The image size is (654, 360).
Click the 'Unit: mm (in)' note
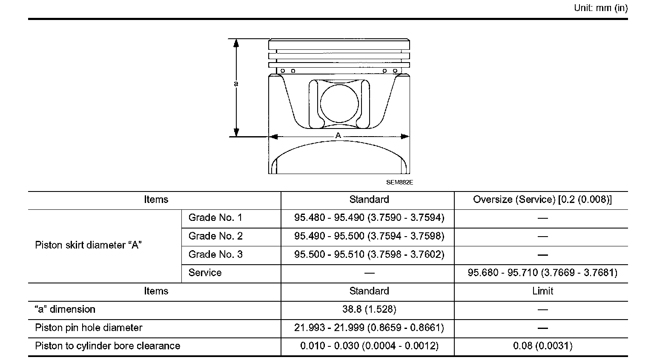[601, 8]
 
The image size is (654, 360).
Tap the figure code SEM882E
[399, 182]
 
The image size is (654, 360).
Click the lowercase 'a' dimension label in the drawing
[236, 84]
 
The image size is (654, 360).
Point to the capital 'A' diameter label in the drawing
[338, 135]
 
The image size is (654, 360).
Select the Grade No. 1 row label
[215, 217]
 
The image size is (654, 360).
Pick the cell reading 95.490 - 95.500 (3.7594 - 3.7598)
[369, 236]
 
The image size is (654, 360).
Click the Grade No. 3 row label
[215, 254]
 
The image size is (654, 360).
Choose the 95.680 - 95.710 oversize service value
[542, 273]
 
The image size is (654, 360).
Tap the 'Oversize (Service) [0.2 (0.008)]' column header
[542, 200]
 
